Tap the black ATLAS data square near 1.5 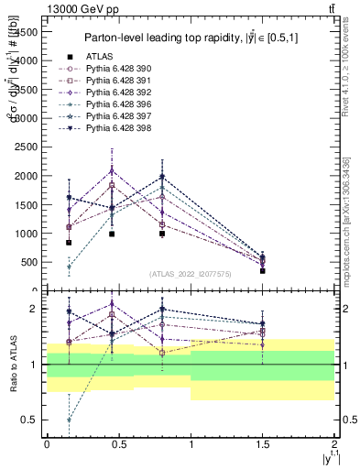coord(263,271)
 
